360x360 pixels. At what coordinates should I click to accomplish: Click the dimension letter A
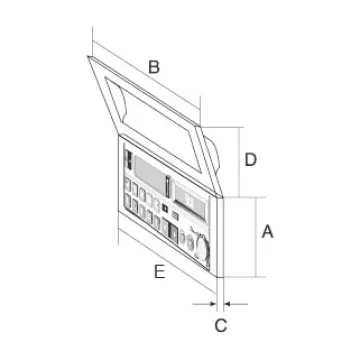(x=267, y=232)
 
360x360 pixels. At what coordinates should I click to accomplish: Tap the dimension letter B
(x=154, y=67)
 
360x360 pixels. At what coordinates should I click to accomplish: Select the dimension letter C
(x=221, y=325)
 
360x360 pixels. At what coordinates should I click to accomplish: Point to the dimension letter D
(x=251, y=160)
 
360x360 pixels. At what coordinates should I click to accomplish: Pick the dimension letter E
(x=160, y=272)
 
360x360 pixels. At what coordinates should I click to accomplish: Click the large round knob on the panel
(x=201, y=247)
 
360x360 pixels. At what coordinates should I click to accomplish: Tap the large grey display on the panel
(x=150, y=174)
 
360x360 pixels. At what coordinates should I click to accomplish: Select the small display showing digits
(x=191, y=203)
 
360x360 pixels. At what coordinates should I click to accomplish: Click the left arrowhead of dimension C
(x=212, y=304)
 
